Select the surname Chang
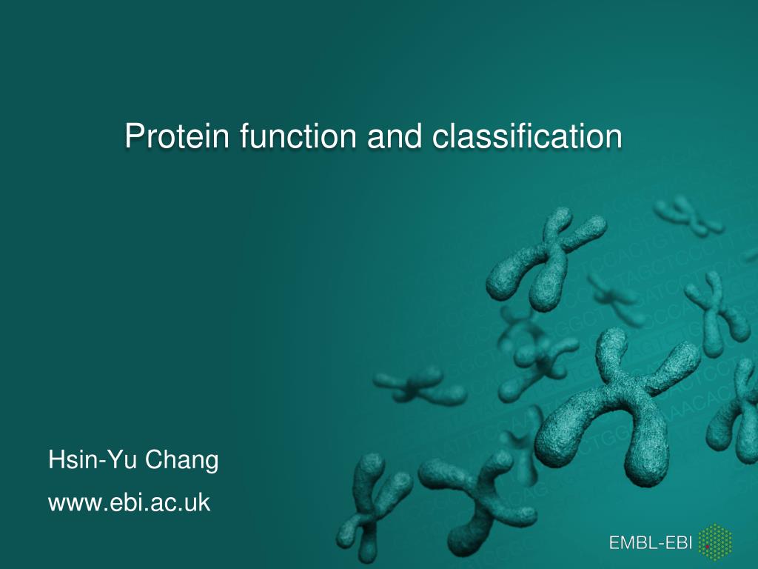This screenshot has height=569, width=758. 181,461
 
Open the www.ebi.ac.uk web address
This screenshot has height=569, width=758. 130,503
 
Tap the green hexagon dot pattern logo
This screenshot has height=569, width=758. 715,542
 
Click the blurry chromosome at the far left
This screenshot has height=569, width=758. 418,385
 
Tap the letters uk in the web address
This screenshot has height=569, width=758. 198,503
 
